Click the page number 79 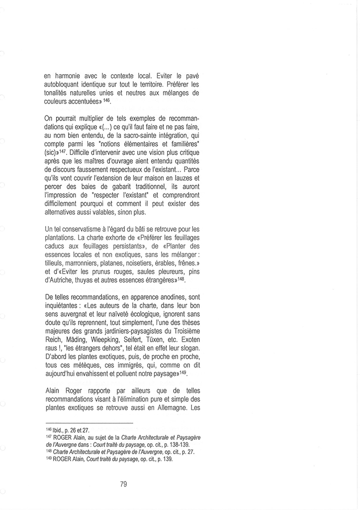124,483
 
